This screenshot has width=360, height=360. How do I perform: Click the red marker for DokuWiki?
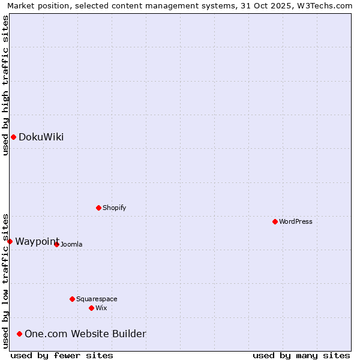tap(13, 137)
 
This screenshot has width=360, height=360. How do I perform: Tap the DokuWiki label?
tap(41, 137)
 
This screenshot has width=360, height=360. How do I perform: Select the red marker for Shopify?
tap(98, 208)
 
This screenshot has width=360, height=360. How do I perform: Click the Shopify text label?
tap(114, 208)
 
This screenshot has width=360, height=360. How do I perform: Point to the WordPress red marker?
tap(275, 221)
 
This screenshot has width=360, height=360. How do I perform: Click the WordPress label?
tap(295, 221)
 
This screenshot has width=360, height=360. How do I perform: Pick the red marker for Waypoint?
tap(10, 241)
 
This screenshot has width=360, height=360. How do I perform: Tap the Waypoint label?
tap(37, 241)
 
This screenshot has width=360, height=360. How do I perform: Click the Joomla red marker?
tap(56, 244)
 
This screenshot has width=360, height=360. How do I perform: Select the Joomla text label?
tap(71, 244)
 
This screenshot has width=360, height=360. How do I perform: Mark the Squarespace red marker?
tap(72, 299)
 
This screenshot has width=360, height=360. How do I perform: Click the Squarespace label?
tap(97, 299)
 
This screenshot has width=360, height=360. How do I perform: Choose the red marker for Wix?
tap(91, 308)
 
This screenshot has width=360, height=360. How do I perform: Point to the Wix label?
tap(101, 308)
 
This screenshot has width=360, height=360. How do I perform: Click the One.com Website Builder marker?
tap(19, 334)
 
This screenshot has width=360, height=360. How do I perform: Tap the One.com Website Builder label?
tap(85, 334)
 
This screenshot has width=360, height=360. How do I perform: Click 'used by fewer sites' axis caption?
tap(62, 355)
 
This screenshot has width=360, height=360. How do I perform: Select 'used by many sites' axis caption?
tap(301, 355)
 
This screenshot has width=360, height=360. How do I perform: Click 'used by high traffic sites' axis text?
tap(5, 85)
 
